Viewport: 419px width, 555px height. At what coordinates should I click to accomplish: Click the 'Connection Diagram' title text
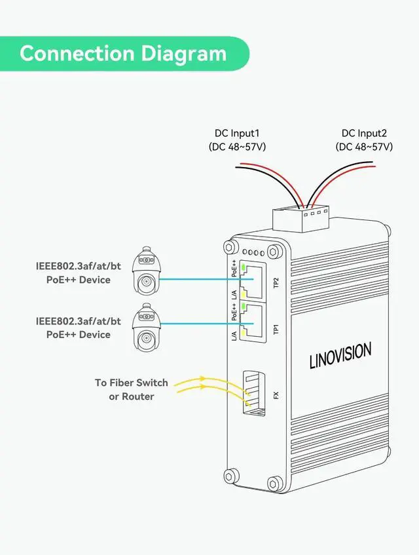tap(123, 53)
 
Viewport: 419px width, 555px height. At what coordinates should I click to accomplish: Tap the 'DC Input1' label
tap(237, 133)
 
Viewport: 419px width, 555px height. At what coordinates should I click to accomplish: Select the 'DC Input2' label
tap(364, 133)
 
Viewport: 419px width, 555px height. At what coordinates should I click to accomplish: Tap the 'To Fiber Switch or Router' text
tap(132, 389)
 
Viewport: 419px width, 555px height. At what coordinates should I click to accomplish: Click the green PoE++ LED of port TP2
tap(244, 268)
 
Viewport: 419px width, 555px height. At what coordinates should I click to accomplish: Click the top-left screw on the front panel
tap(229, 247)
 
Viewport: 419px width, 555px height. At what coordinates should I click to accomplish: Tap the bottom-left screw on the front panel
tap(230, 477)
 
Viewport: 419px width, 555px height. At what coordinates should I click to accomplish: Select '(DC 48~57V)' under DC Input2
tap(364, 147)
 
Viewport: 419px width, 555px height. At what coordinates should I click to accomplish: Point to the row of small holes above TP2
tap(254, 252)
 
